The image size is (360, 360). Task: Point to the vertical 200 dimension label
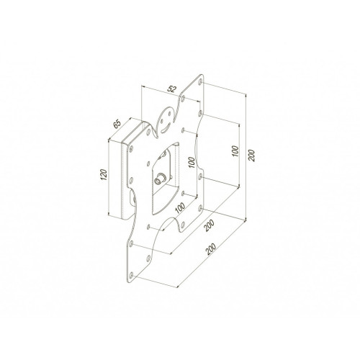click(251, 156)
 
